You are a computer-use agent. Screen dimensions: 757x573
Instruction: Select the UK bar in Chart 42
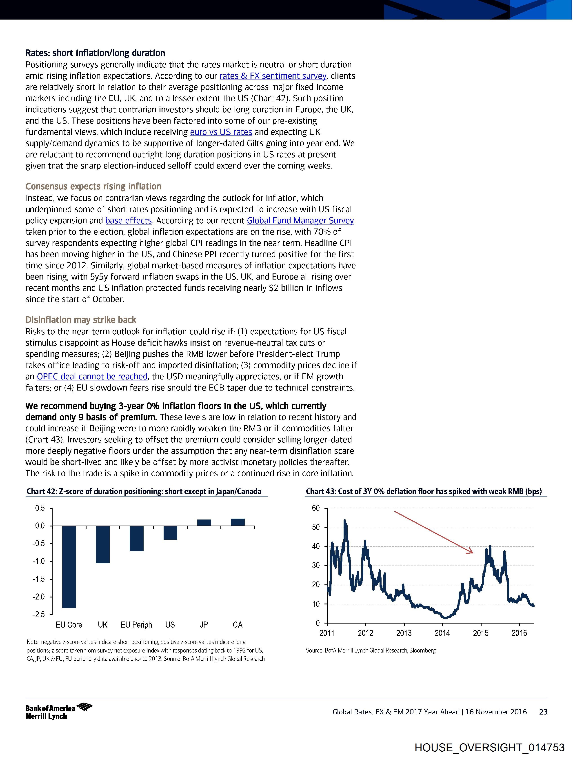tap(103, 544)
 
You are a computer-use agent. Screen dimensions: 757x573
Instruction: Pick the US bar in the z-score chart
tap(170, 533)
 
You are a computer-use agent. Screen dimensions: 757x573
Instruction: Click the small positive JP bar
tap(204, 523)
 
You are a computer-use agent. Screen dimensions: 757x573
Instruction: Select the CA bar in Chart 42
tap(238, 522)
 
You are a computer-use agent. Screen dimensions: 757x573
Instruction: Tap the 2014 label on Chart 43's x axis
tap(442, 633)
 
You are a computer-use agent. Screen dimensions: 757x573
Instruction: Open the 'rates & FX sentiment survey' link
tap(273, 76)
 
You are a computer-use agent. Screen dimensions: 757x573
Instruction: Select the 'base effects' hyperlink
tap(128, 220)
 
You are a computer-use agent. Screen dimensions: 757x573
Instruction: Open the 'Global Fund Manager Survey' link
tap(300, 220)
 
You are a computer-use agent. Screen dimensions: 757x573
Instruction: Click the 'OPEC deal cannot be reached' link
tap(92, 376)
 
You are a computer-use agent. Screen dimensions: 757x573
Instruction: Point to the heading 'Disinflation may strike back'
tap(81, 320)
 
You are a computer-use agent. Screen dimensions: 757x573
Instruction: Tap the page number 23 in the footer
tap(543, 712)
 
